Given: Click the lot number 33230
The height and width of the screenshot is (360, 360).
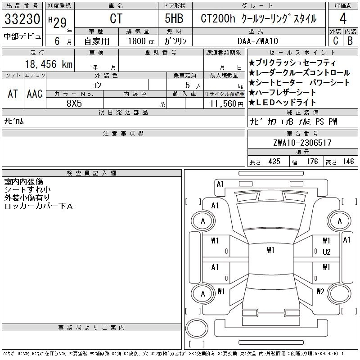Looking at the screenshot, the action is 22,18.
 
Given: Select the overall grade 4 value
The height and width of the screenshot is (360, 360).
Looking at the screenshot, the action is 343,18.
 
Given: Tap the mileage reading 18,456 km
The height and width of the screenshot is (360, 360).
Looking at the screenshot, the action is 49,64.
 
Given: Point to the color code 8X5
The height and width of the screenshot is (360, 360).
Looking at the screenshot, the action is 74,103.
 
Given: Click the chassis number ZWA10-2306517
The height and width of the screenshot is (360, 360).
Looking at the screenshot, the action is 302,143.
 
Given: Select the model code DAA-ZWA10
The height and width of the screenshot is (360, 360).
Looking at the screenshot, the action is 257,41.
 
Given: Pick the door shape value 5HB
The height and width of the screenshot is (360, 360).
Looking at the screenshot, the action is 174,18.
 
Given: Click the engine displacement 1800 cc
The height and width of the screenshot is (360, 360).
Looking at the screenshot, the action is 141,41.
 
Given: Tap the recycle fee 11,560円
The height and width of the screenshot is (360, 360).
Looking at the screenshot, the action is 226,104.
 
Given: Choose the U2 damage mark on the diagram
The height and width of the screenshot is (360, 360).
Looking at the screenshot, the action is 326,252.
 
